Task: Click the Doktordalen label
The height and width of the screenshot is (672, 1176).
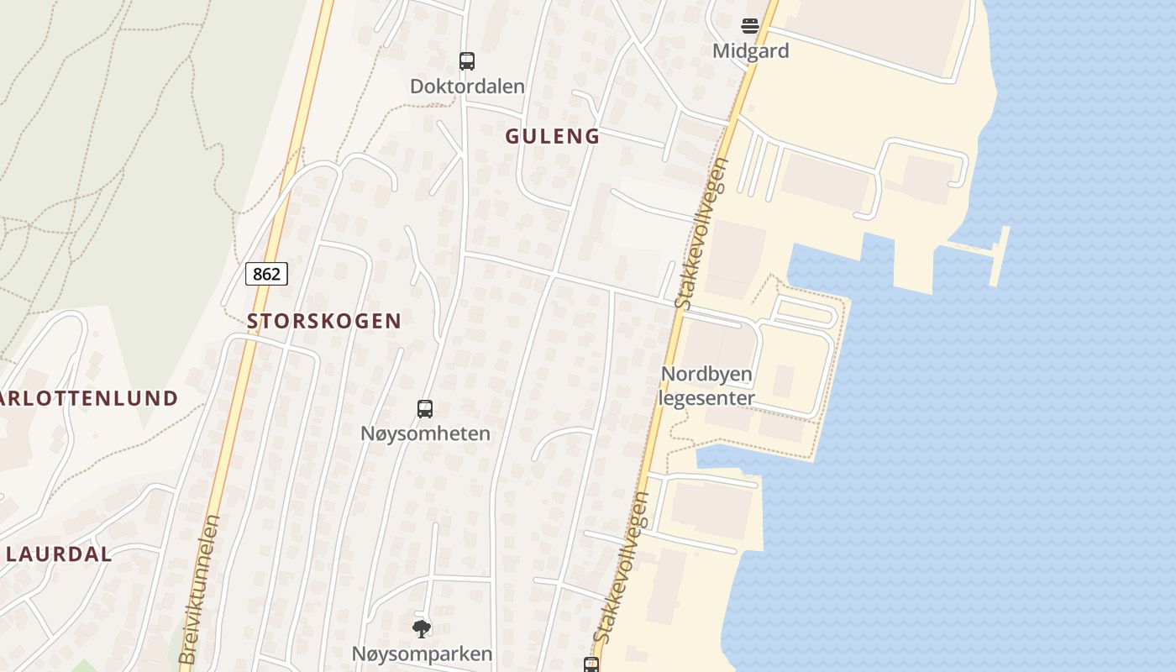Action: point(467,87)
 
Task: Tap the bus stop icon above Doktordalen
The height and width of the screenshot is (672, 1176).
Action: point(467,60)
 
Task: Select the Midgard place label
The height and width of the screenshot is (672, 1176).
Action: point(750,51)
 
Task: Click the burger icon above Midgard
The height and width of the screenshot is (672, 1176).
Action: point(750,26)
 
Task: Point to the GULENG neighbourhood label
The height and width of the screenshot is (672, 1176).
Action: point(552,136)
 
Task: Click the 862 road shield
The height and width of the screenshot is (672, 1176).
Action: point(266,274)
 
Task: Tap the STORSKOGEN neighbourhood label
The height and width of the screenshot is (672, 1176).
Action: point(323,321)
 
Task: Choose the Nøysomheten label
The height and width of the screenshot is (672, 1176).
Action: point(425,434)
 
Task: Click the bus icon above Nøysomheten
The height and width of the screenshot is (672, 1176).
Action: point(425,409)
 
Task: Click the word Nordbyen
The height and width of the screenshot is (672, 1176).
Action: point(706,374)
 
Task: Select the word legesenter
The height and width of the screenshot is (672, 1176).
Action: point(706,398)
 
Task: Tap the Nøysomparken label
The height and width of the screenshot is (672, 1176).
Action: point(422,654)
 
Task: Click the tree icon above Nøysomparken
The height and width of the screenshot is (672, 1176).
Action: point(422,628)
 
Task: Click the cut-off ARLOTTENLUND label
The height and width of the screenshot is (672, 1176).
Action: point(89,398)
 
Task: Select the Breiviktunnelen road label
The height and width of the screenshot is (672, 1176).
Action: point(199,590)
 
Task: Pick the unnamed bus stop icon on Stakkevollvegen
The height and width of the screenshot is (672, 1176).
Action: point(591,664)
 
